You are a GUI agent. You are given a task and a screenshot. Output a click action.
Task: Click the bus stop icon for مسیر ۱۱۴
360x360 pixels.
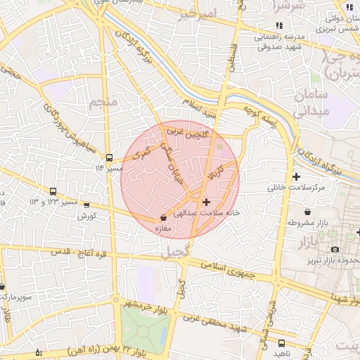point(109,157)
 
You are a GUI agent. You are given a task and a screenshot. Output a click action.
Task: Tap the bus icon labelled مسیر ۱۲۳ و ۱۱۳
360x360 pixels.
point(53,191)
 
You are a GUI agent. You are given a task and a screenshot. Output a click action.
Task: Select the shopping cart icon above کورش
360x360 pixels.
point(86,205)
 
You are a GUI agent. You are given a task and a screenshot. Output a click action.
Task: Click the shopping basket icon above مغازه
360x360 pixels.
point(163,218)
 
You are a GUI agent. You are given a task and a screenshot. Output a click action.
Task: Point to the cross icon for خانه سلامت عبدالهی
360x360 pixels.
point(205,202)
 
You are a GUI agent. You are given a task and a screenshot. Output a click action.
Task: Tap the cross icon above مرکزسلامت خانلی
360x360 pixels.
point(296,176)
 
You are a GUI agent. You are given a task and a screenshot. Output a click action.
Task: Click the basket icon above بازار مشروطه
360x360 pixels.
point(307,211)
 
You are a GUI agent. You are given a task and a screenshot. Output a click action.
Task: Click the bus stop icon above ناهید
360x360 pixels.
point(282,344)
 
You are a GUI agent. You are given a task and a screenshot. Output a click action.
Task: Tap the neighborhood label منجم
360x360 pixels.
point(101,103)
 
